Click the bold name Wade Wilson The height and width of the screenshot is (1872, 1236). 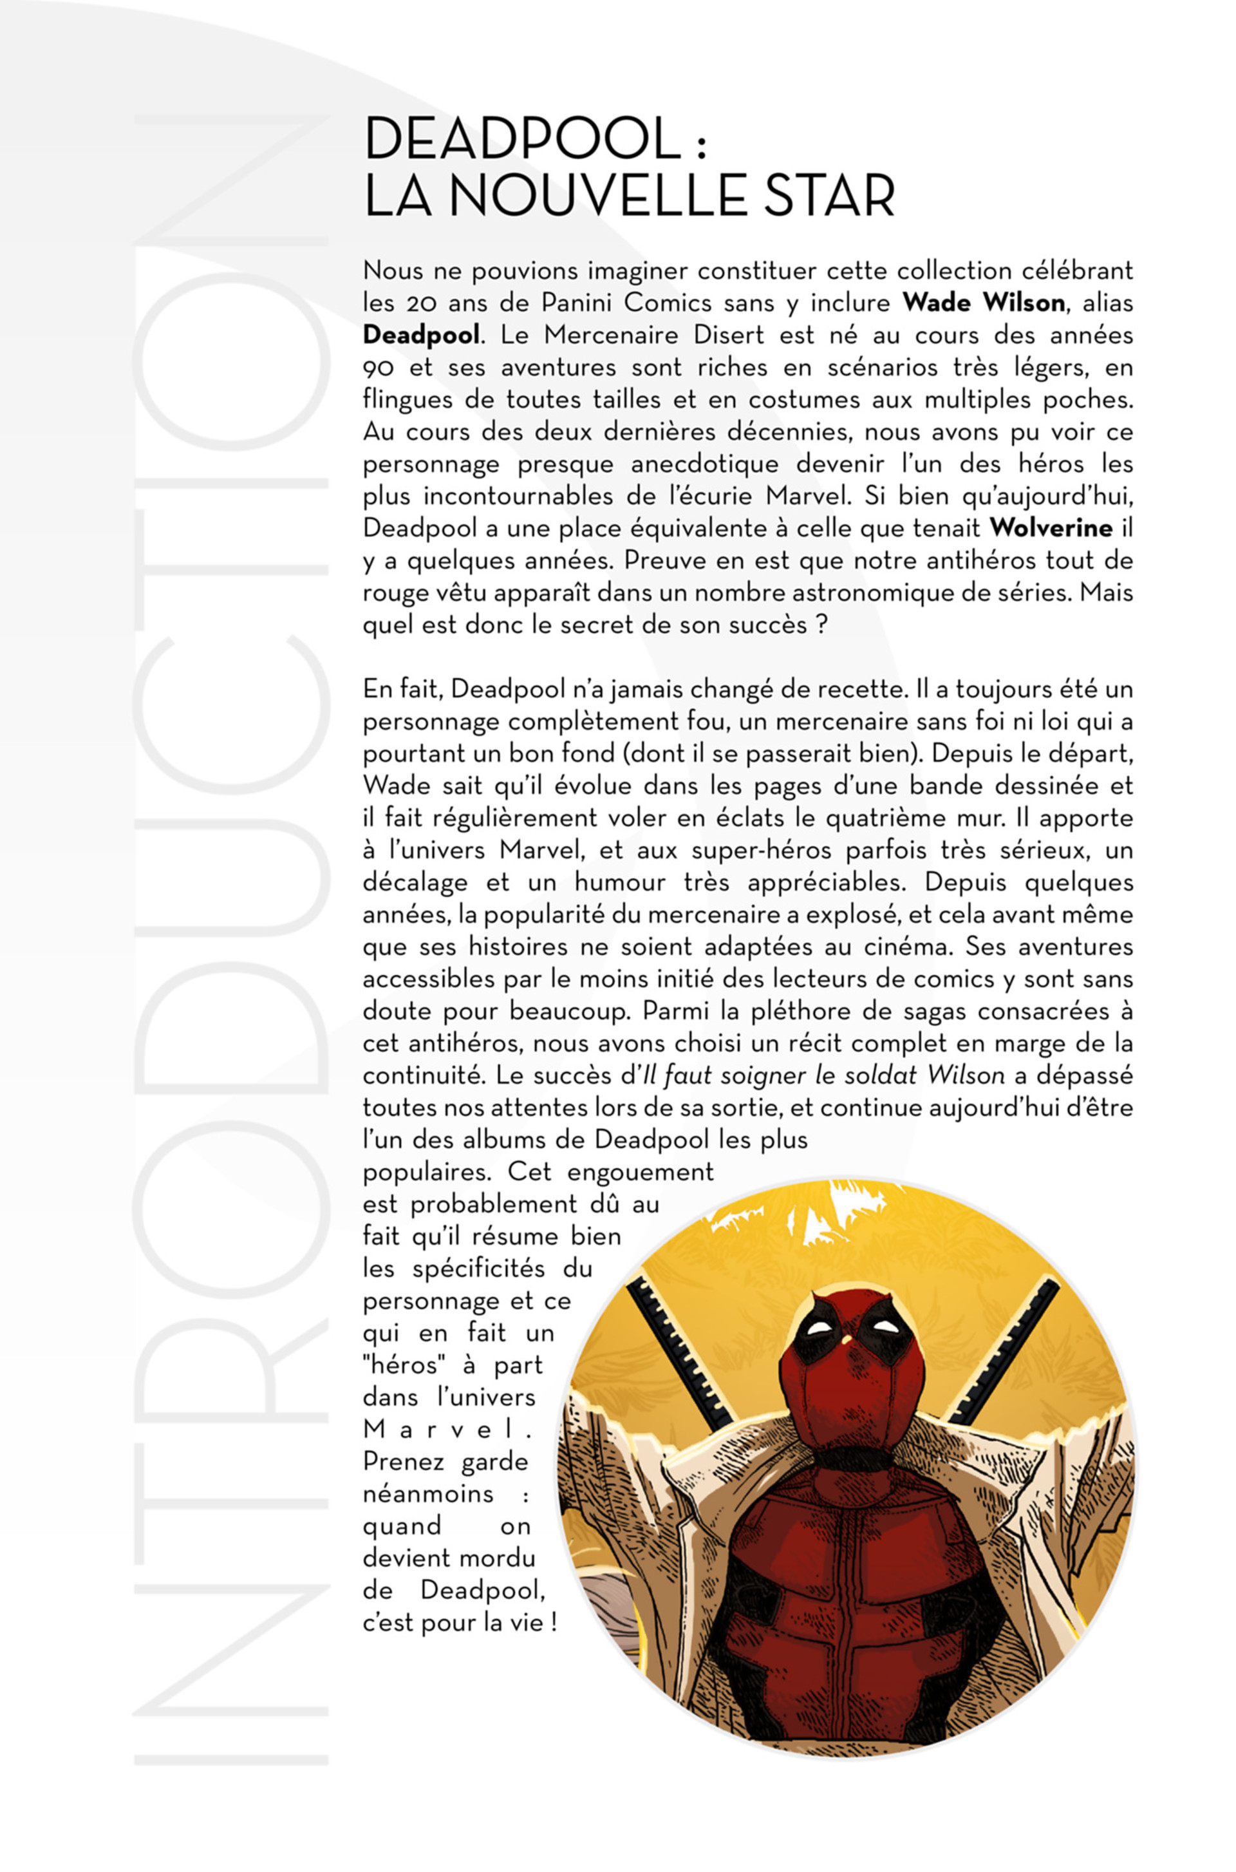pos(983,303)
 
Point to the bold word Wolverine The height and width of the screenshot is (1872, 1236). pos(1051,527)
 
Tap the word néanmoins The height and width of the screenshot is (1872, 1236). pos(428,1493)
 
